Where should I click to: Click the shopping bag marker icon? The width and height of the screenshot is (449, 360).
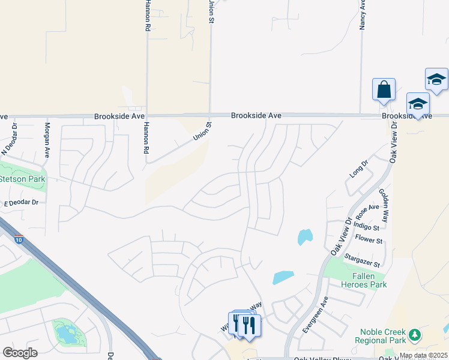click(384, 90)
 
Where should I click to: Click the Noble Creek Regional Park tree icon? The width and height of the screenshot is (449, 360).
click(413, 334)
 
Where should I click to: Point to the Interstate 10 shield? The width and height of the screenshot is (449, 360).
click(19, 239)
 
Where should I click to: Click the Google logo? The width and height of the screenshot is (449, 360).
click(20, 352)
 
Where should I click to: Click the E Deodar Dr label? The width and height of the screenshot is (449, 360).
click(21, 203)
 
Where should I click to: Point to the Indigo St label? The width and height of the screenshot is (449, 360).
click(367, 227)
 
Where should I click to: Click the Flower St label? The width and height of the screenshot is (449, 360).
click(369, 241)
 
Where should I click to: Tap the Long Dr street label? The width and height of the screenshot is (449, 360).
click(358, 169)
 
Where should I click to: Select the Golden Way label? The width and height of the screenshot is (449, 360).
click(383, 206)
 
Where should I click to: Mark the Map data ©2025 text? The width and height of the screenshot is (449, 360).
click(423, 355)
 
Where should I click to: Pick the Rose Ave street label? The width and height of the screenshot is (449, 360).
click(367, 211)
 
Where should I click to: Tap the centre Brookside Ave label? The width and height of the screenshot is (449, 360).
click(256, 115)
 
